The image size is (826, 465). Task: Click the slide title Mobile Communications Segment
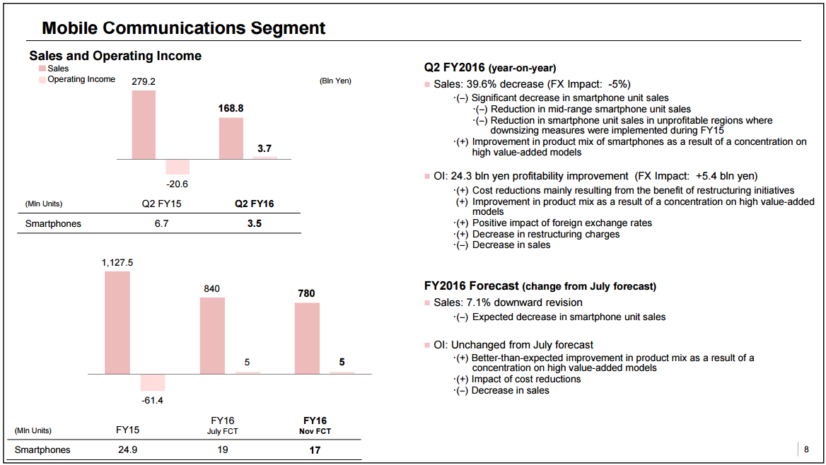click(x=184, y=28)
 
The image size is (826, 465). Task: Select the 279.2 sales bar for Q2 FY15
click(x=144, y=124)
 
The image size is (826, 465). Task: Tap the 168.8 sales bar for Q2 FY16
click(x=231, y=138)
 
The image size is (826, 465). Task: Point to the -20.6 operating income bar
click(x=178, y=167)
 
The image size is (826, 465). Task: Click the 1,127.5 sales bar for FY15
click(x=117, y=322)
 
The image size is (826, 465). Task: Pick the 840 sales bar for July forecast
click(x=212, y=335)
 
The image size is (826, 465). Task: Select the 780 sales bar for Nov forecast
click(x=307, y=338)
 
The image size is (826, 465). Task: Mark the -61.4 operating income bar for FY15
click(x=153, y=382)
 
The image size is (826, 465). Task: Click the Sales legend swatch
click(x=42, y=69)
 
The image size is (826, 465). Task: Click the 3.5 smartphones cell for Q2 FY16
click(x=254, y=224)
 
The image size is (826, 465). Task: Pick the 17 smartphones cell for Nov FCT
click(x=315, y=449)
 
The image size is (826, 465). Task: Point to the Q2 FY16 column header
click(x=254, y=204)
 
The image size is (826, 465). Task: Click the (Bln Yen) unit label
click(x=335, y=81)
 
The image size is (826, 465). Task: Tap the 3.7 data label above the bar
click(x=264, y=149)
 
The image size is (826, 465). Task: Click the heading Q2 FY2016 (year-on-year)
click(x=490, y=68)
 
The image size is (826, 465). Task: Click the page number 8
click(x=806, y=449)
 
